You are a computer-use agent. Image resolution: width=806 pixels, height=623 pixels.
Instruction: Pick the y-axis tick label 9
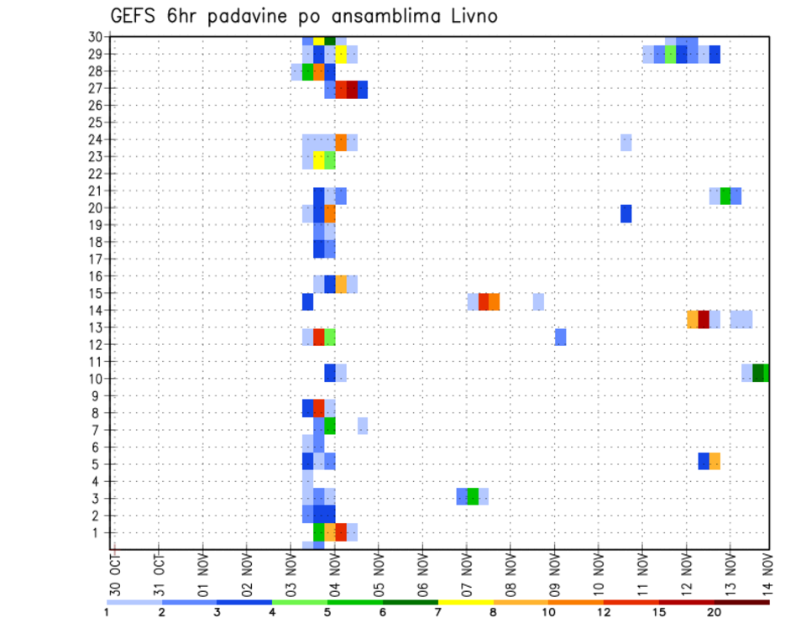(97, 395)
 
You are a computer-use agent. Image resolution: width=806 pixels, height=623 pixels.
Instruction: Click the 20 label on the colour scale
(714, 612)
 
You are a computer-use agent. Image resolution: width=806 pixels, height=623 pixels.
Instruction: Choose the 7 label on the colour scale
(438, 612)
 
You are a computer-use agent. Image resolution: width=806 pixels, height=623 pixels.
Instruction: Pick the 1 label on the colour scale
(107, 612)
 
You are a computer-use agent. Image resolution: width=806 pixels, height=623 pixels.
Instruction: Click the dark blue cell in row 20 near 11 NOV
(626, 213)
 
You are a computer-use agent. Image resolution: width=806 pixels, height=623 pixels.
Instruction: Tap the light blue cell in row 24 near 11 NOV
(626, 143)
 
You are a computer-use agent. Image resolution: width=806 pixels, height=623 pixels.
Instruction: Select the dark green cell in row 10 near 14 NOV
(759, 373)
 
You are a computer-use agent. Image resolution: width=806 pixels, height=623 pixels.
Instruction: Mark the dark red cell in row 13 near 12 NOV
(704, 319)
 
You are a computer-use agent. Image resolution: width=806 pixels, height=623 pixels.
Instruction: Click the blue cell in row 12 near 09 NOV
(560, 337)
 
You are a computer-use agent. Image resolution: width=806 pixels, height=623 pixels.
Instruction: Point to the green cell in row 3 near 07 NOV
(473, 495)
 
